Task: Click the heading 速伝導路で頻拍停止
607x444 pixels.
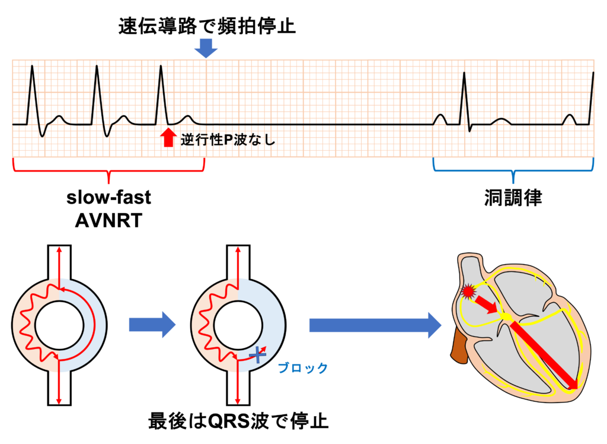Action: [206, 27]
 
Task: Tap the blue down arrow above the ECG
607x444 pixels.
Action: [206, 48]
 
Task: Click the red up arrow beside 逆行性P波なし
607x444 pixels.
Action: [168, 137]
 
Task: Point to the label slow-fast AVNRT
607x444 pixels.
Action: [108, 209]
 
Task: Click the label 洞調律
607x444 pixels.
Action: [513, 198]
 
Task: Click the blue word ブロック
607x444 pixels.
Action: [303, 368]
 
